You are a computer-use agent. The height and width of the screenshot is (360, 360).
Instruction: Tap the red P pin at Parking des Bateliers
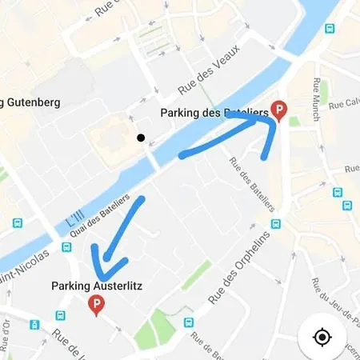click(x=279, y=110)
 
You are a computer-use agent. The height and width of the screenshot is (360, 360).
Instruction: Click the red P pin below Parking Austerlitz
click(x=97, y=305)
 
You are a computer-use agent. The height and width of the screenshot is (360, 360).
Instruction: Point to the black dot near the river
click(x=141, y=138)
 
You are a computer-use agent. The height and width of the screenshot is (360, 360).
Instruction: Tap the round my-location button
click(x=322, y=337)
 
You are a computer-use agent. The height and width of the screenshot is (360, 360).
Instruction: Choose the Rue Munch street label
click(x=318, y=97)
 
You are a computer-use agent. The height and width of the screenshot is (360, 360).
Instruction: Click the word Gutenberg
click(x=32, y=102)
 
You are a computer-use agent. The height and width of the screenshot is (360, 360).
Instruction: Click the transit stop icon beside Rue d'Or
click(x=34, y=326)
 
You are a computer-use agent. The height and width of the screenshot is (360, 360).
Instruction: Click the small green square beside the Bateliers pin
click(x=294, y=122)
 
